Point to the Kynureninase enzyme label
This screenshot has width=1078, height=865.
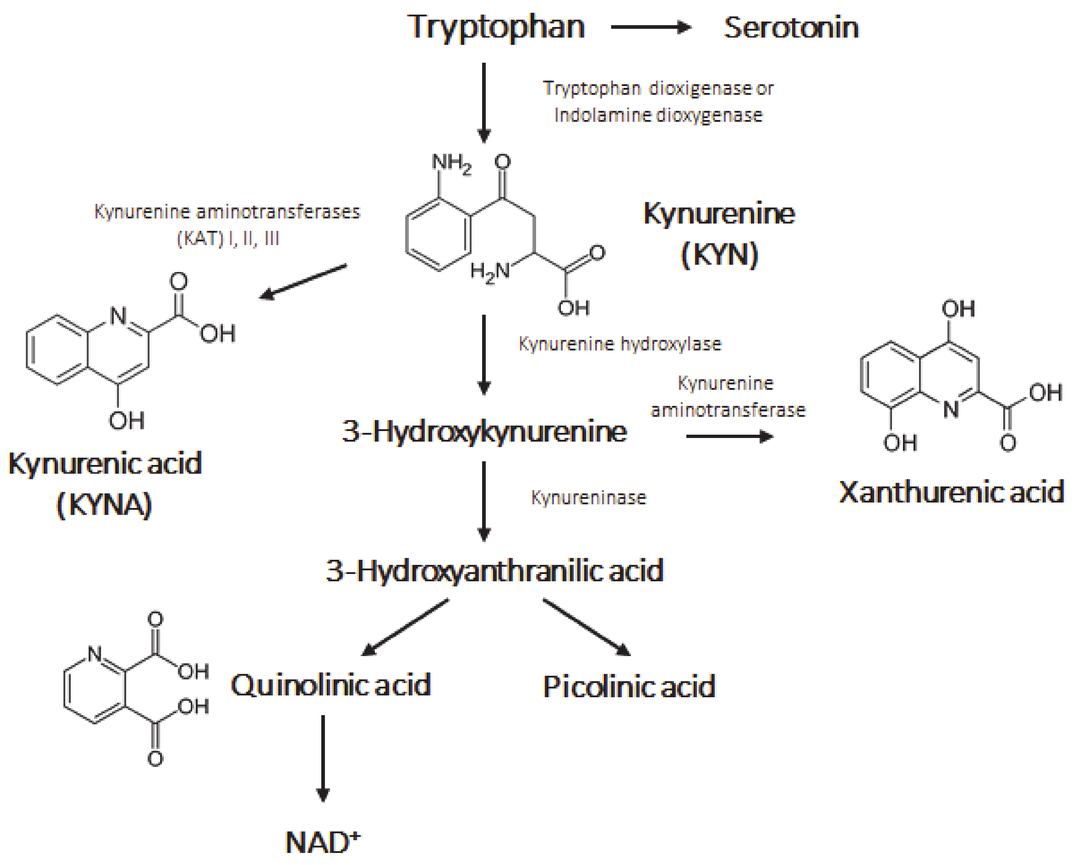tap(589, 497)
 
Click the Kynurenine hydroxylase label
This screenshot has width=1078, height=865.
tap(620, 344)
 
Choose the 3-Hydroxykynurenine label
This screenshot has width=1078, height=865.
tap(484, 431)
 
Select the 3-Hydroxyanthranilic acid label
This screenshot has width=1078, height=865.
tap(495, 570)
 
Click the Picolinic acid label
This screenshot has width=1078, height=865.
tap(629, 686)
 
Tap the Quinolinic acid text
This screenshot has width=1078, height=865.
tap(330, 684)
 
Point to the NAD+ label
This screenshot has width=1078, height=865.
tap(322, 842)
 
